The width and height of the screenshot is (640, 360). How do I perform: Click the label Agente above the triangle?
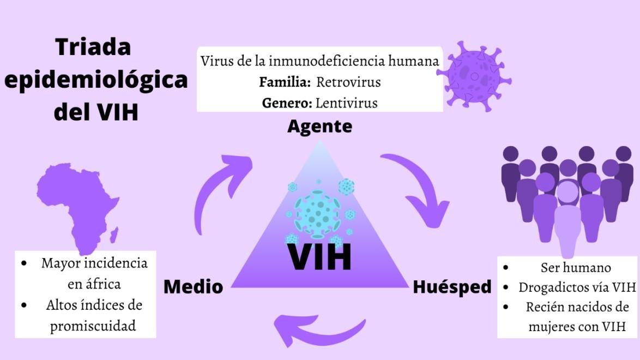[319, 127]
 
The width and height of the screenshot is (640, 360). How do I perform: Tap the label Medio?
[193, 286]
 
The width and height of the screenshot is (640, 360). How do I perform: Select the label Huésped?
[452, 286]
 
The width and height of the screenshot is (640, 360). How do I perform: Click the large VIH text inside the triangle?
[319, 257]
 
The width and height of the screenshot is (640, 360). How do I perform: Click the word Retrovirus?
[348, 82]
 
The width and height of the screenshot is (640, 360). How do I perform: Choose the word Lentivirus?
[347, 103]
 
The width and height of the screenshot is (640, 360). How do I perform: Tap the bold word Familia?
[285, 82]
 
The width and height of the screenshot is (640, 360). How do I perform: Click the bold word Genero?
[287, 103]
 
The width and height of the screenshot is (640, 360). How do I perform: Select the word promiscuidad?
[93, 326]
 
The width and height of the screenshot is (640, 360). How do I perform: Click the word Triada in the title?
[93, 47]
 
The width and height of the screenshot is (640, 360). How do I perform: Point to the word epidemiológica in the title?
[96, 80]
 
